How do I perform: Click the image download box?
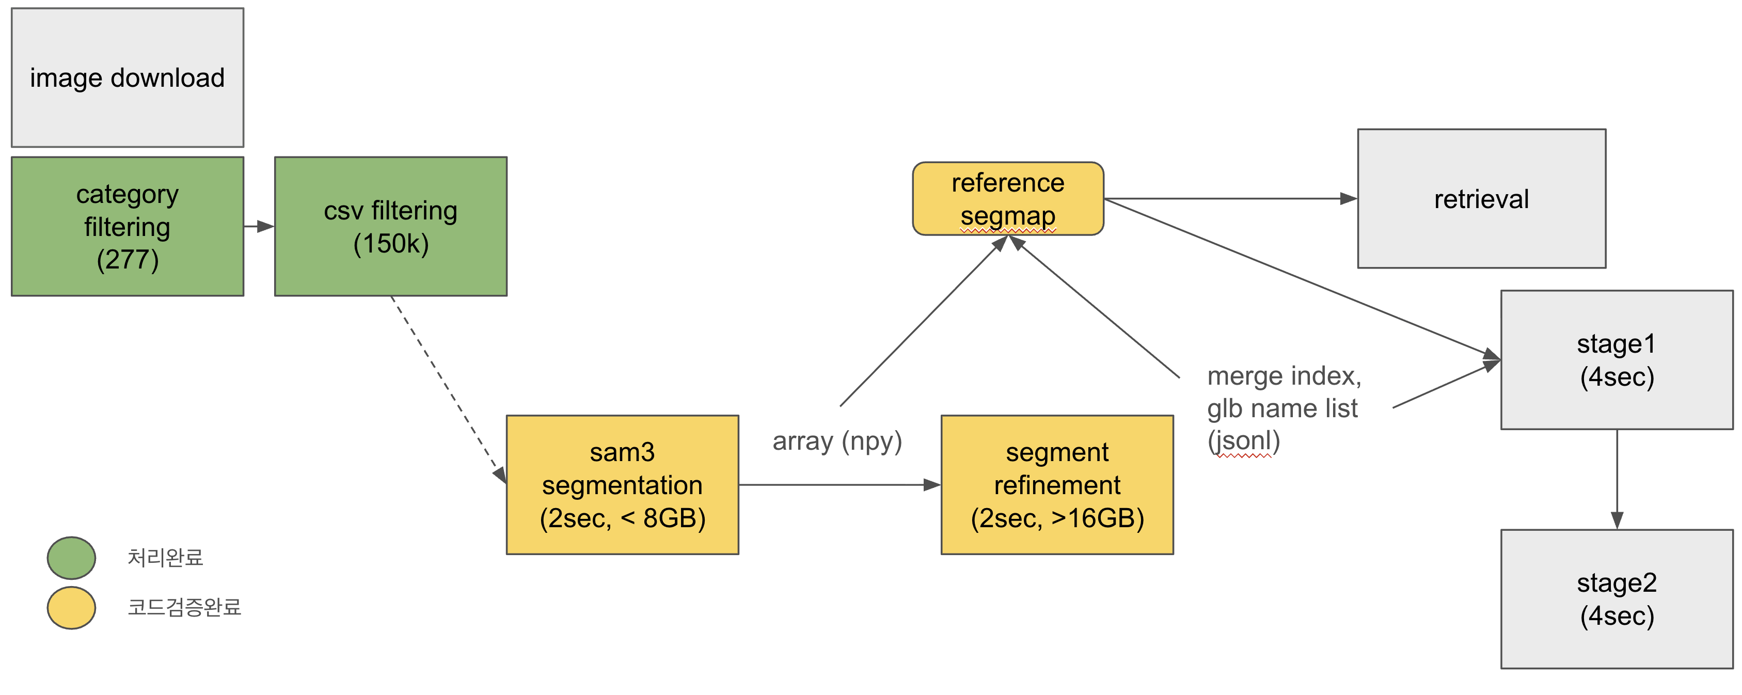127,78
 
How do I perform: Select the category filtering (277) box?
127,227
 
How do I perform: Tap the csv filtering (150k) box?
390,227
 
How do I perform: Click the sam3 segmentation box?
622,485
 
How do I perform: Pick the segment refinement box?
1057,485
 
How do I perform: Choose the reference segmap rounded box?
1008,199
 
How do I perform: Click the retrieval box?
1481,199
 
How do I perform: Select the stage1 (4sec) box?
1616,360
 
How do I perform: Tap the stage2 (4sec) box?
1616,599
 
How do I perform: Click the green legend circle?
71,558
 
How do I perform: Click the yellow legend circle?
71,607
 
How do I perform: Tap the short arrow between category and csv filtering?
258,227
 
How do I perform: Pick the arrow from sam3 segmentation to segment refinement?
838,485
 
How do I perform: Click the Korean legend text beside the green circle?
165,558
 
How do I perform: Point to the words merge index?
1284,376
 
